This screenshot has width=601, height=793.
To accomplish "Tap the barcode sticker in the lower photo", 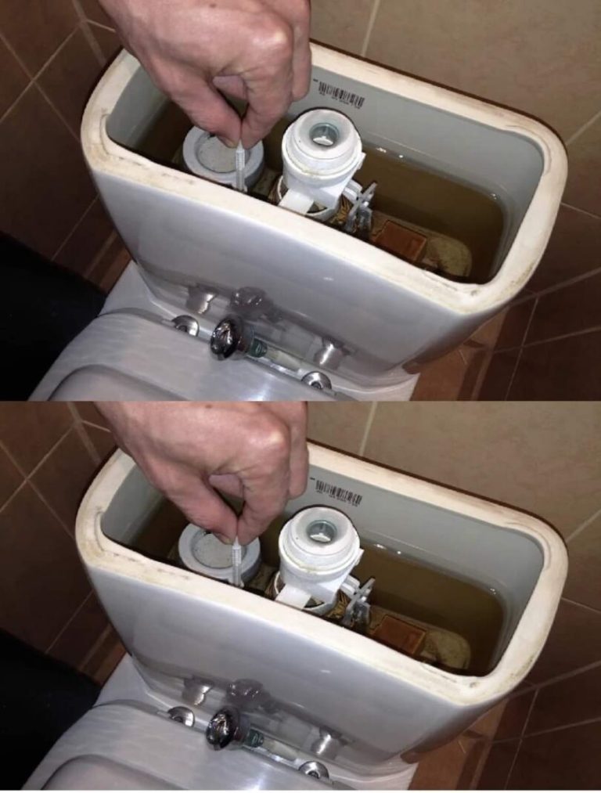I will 338,492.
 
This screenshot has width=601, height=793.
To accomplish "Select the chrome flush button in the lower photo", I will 225,727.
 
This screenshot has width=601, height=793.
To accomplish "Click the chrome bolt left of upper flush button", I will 185,325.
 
